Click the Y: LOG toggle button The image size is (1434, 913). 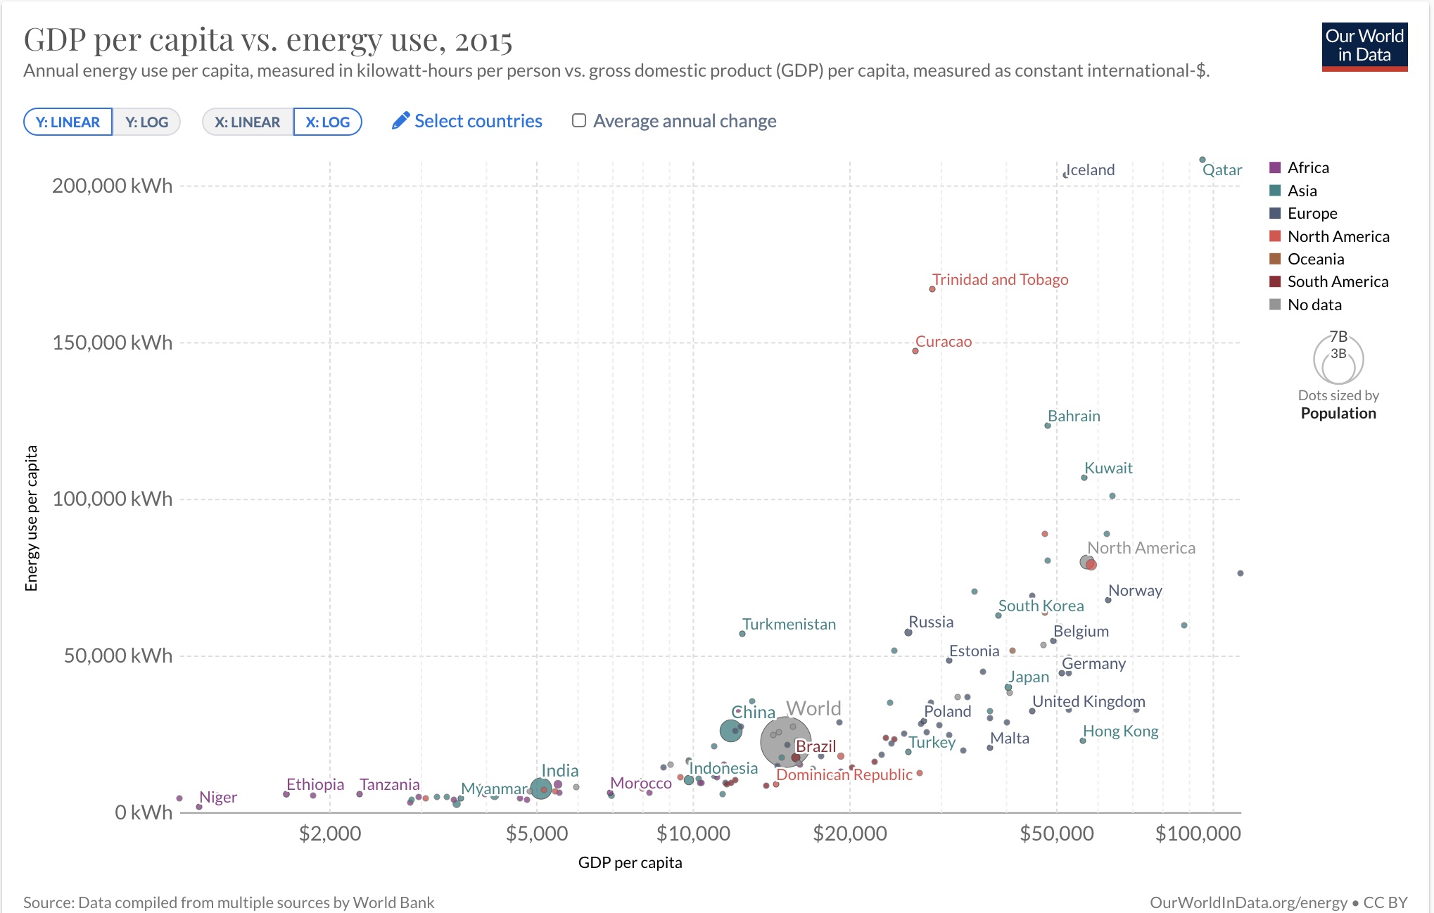[146, 122]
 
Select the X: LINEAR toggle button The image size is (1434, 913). [247, 122]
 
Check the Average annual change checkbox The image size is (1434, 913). [579, 120]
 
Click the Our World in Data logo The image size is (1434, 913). [1364, 46]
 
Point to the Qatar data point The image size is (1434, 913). [1203, 160]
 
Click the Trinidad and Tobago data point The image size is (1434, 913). [932, 289]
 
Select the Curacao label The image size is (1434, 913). [944, 341]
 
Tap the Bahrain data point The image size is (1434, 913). [1048, 426]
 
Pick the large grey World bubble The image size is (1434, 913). [785, 742]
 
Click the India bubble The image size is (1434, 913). [540, 788]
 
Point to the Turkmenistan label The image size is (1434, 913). [789, 624]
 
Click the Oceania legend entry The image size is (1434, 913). [1315, 259]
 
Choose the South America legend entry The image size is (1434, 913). [1337, 281]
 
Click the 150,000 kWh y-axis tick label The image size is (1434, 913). [112, 343]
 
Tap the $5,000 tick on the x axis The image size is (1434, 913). [536, 834]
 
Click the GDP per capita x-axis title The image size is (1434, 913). [630, 862]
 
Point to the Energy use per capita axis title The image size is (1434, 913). [31, 518]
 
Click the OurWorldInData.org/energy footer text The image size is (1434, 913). [1248, 902]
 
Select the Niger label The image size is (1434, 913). [218, 797]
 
